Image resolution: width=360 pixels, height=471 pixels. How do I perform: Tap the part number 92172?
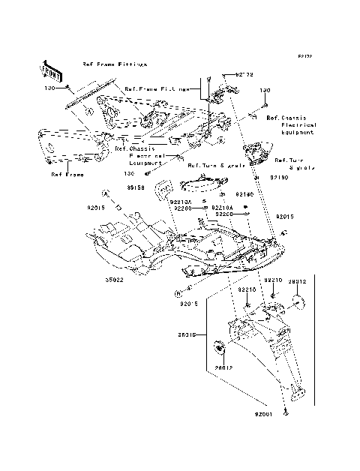pos(245,75)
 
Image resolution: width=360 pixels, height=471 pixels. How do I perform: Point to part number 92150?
pos(278,178)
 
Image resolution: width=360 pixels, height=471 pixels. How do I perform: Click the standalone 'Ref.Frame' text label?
pos(67,174)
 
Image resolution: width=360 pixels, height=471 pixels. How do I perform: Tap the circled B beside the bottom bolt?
pos(177,292)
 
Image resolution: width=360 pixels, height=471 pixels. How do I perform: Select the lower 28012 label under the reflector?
pos(225,368)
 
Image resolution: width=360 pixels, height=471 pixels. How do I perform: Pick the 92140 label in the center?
pos(224,193)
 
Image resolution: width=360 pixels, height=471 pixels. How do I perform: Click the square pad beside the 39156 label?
pos(160,192)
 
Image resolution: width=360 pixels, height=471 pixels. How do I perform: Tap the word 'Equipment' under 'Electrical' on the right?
pos(294,132)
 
